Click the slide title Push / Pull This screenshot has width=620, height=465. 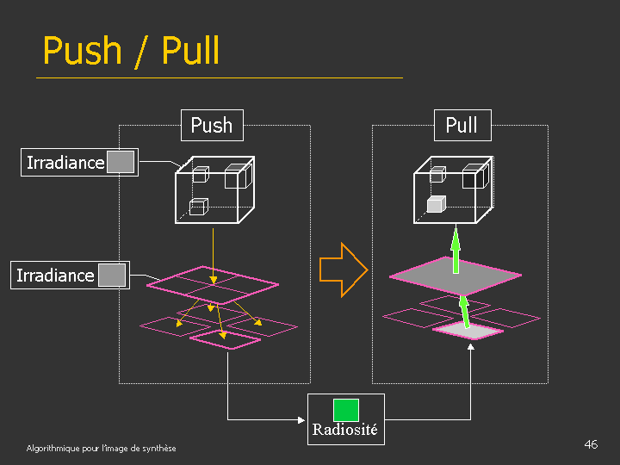point(131,51)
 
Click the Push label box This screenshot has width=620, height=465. point(212,126)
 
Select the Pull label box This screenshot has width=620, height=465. point(462,126)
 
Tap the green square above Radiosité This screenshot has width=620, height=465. point(346,410)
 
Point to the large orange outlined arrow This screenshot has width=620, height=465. point(343,270)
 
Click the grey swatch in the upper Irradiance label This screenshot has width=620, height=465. point(121,162)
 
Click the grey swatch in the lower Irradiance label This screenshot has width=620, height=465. point(112,276)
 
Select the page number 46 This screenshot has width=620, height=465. point(591,444)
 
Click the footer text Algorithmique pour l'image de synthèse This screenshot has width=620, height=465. point(101,449)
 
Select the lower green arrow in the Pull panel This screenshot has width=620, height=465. point(464,312)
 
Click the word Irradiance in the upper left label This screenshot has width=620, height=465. point(65,163)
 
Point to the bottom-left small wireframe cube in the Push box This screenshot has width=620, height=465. point(199,207)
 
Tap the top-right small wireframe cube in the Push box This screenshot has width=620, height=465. point(236,177)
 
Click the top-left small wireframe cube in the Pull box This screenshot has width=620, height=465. point(437,175)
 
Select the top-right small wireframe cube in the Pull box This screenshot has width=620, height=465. point(474,177)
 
